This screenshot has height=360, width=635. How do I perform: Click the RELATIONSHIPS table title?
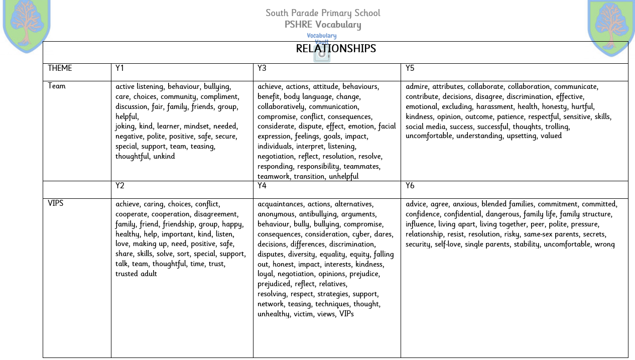pyautogui.click(x=336, y=49)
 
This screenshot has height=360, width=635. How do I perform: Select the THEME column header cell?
pyautogui.click(x=60, y=68)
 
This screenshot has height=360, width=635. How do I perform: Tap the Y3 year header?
pyautogui.click(x=262, y=68)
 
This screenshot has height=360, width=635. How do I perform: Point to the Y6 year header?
pyautogui.click(x=410, y=186)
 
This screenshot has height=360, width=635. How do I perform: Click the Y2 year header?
pyautogui.click(x=120, y=186)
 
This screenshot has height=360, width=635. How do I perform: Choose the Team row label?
pyautogui.click(x=57, y=86)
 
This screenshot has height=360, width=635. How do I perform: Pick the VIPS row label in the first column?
pyautogui.click(x=56, y=203)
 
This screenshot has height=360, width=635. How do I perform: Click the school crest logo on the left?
pyautogui.click(x=27, y=25)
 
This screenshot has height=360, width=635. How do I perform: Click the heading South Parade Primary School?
pyautogui.click(x=323, y=13)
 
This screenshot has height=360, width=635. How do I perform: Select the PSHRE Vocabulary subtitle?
pyautogui.click(x=323, y=25)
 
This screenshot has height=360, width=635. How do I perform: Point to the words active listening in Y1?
pyautogui.click(x=140, y=86)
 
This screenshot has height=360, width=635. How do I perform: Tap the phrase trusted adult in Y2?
pyautogui.click(x=136, y=274)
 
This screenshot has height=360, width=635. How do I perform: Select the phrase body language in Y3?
pyautogui.click(x=308, y=96)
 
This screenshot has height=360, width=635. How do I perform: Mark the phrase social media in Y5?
pyautogui.click(x=426, y=127)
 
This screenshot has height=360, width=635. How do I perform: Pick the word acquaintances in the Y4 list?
pyautogui.click(x=281, y=204)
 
